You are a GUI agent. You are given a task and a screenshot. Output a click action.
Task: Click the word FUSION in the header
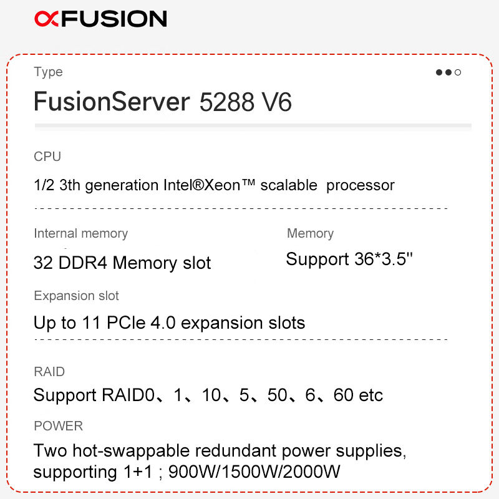click(115, 19)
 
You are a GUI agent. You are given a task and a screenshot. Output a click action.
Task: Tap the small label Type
click(48, 72)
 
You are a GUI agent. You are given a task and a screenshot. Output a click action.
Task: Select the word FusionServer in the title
click(111, 102)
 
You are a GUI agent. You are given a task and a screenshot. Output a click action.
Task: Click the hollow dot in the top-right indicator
click(458, 72)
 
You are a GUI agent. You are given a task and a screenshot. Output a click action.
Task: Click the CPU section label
click(47, 157)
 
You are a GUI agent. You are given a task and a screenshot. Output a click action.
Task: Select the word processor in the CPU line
click(361, 185)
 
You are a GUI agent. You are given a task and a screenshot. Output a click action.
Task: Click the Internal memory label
click(80, 233)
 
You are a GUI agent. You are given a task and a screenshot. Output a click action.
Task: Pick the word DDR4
click(82, 263)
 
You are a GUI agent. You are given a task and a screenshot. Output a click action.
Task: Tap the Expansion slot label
click(76, 296)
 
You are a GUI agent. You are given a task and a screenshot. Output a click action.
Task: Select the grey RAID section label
click(49, 372)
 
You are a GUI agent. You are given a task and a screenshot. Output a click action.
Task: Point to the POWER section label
click(58, 426)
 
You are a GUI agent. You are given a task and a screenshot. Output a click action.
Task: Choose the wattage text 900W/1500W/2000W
click(254, 472)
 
